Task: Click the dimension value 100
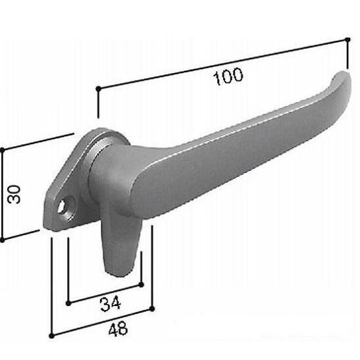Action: tap(228, 76)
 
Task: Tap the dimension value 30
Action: tap(14, 194)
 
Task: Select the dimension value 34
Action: tap(111, 303)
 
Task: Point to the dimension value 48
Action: tap(118, 329)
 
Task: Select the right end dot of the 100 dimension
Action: tap(347, 40)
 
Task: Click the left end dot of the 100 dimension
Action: tap(98, 88)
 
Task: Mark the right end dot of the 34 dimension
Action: tap(141, 285)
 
